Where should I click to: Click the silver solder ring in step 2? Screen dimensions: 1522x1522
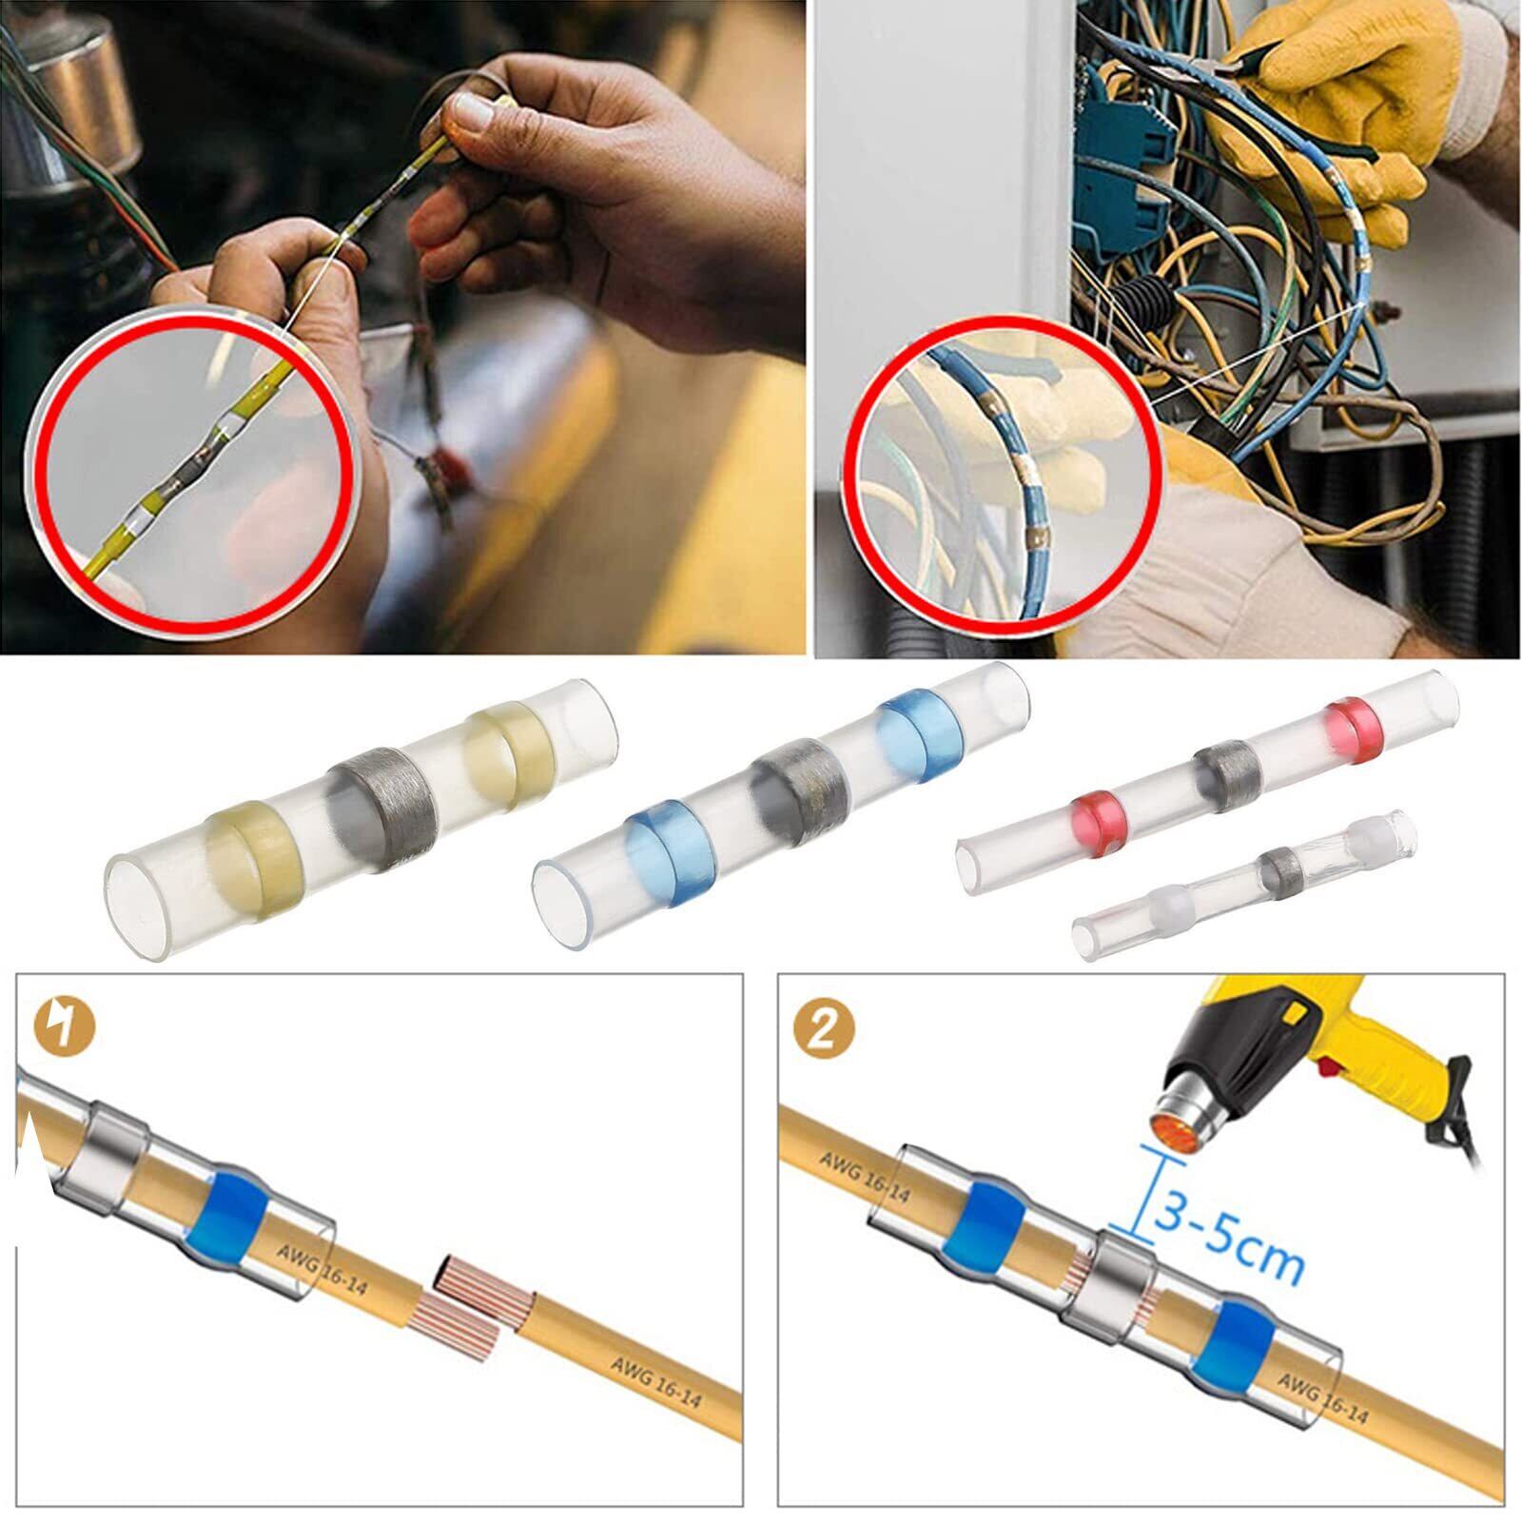pyautogui.click(x=1123, y=1276)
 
